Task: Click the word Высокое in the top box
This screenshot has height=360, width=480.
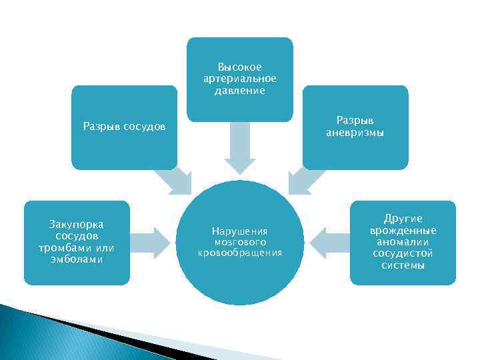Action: point(240,67)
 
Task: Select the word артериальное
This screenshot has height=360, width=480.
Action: point(240,79)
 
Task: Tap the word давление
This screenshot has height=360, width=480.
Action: point(240,91)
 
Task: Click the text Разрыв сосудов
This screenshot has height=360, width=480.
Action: point(124,126)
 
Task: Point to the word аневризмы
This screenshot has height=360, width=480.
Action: point(355,133)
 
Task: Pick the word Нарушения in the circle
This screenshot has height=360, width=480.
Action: point(240,231)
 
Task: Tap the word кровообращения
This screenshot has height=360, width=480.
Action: point(240,253)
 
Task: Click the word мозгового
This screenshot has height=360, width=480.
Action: point(240,242)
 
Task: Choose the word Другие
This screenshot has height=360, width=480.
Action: point(403,219)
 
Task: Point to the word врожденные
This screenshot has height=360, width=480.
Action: point(403,230)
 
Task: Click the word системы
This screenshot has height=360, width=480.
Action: point(403,265)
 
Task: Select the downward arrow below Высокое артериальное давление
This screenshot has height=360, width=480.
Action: point(240,148)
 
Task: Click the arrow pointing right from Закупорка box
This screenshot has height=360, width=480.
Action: point(150,243)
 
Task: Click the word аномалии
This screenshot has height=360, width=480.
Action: point(403,242)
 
